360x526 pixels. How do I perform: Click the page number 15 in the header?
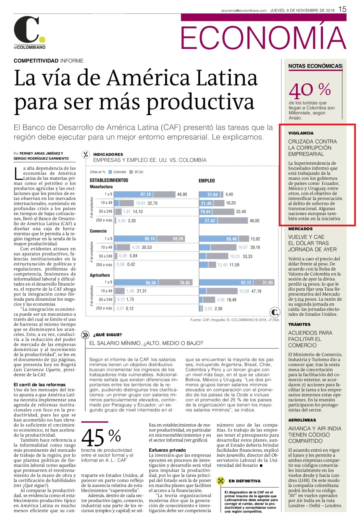coord(343,9)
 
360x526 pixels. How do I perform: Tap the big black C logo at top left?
coord(27,29)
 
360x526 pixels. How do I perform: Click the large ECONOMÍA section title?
coord(263,37)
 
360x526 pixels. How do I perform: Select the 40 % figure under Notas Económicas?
coord(310,90)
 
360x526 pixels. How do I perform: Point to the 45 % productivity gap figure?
coord(101,437)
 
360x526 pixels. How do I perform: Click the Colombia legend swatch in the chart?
coord(110,172)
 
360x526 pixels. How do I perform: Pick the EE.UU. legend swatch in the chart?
coord(131,172)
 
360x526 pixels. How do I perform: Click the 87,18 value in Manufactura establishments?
coord(146,195)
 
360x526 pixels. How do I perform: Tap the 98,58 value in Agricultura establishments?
coord(150,283)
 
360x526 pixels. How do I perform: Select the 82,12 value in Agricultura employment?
coord(246,283)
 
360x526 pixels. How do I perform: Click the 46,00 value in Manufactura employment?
coord(254,221)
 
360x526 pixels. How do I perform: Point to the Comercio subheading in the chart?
coord(98,231)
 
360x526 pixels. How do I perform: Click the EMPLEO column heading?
coord(207,180)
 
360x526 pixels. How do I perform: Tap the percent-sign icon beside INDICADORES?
coord(86,154)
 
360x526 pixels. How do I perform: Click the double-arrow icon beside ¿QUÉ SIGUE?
coord(85,335)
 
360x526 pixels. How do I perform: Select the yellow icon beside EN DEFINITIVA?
coord(221,481)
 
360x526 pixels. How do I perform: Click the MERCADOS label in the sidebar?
coord(300,229)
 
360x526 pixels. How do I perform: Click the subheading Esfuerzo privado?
coord(167,450)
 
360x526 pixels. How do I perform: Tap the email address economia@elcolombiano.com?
coord(244,11)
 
